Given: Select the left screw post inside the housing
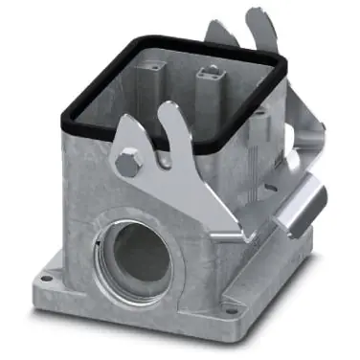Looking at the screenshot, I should coord(153,72).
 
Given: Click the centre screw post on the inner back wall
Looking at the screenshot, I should coord(207,71).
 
